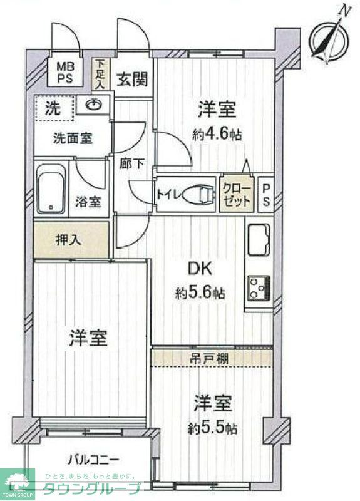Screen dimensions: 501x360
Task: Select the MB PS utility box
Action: click(x=65, y=73)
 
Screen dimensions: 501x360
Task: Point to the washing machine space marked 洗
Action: click(x=55, y=107)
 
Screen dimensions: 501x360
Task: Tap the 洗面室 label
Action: click(x=73, y=138)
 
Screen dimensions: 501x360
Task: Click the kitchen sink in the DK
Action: click(x=259, y=239)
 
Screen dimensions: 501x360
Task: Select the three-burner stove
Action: click(x=258, y=287)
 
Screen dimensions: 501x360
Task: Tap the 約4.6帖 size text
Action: click(x=218, y=134)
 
